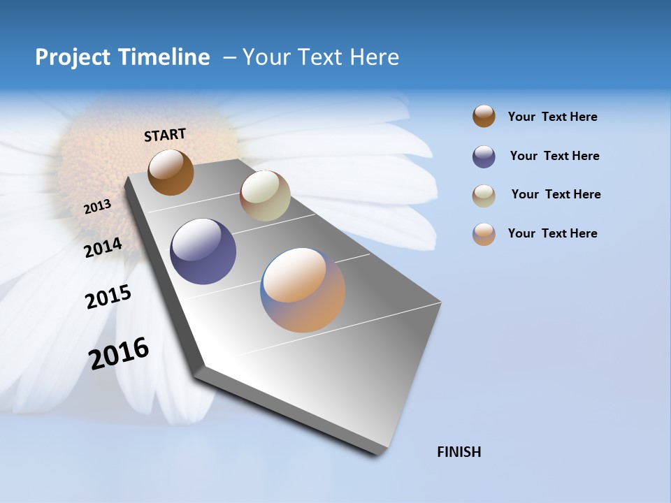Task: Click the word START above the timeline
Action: pos(165,135)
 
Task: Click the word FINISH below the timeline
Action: pos(459,452)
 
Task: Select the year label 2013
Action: pos(97,206)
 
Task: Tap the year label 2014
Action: pos(103,247)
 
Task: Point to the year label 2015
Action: pos(108,297)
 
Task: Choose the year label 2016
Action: pos(119,353)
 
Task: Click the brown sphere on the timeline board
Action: pos(171,172)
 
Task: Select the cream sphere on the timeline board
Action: pos(265,196)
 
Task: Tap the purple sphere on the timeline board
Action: pos(203,251)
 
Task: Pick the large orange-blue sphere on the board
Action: pos(303,290)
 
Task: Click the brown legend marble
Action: pos(484,117)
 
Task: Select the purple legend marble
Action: pos(484,156)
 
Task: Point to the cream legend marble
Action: pos(484,196)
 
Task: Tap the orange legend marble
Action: pos(484,234)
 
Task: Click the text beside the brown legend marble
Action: pos(552,117)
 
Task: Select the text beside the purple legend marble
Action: pos(554,156)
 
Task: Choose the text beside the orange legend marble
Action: pos(552,233)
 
